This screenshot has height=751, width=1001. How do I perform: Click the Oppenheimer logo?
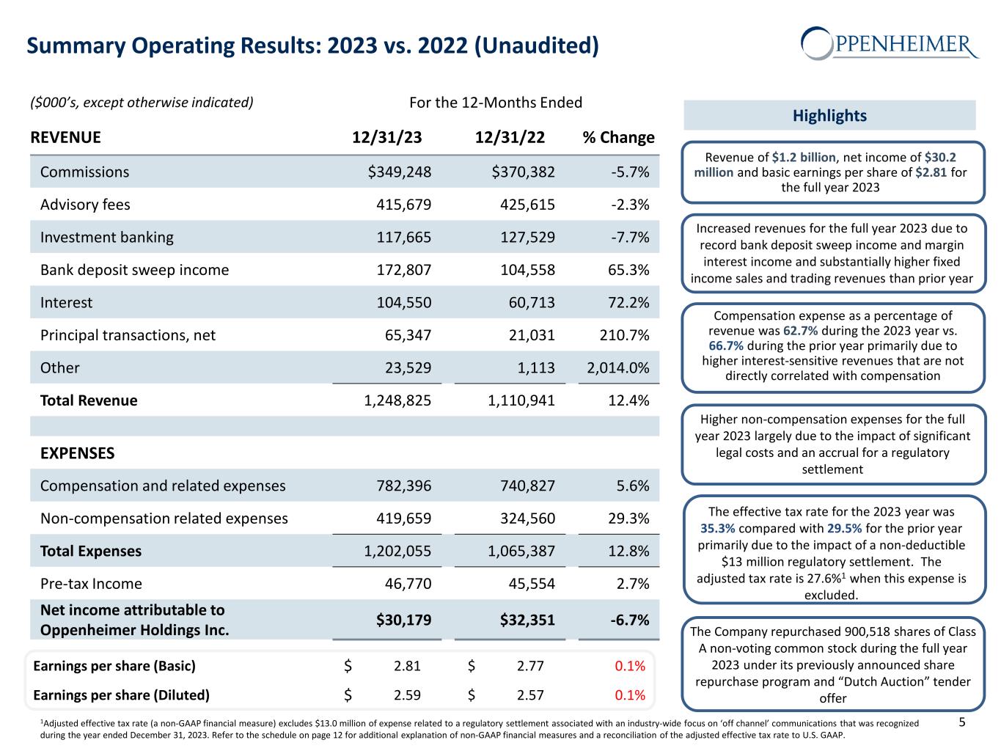890,43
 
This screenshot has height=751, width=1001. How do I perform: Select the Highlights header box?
829,115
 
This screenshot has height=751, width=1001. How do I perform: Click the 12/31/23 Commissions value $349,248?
399,172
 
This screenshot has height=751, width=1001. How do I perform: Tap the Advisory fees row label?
85,205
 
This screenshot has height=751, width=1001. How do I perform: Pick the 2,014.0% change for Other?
618,367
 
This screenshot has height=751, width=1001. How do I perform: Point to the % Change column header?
618,137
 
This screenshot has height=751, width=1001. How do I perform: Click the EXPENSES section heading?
77,453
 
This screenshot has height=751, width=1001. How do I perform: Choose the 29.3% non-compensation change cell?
629,519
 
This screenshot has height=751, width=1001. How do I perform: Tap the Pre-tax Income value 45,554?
529,584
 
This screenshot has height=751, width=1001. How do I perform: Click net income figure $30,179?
403,620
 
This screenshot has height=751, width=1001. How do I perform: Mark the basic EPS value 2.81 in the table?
407,666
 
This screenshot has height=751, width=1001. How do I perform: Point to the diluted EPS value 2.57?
530,695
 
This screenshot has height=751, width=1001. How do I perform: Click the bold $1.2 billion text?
803,157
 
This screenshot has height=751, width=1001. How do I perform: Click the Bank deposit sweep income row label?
134,270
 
